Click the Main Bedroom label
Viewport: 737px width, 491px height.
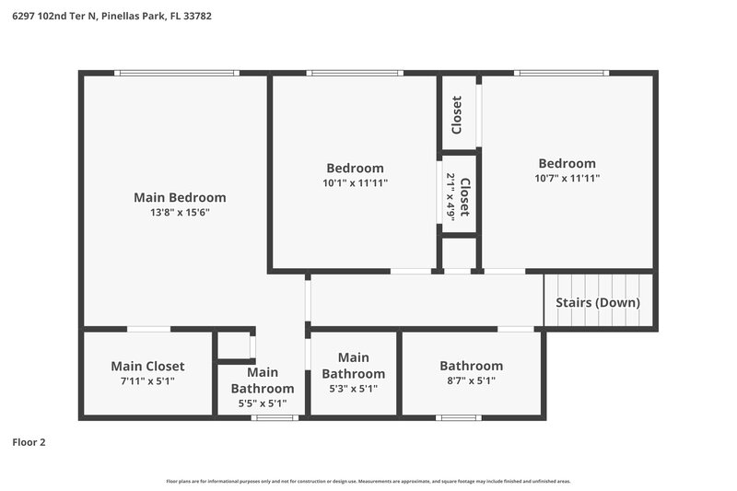[x=180, y=197]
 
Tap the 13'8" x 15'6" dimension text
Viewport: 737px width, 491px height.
[x=180, y=212]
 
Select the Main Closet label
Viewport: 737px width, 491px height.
[x=147, y=366]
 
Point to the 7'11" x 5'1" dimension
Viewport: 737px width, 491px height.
[x=147, y=380]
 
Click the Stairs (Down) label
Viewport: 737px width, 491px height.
[x=598, y=302]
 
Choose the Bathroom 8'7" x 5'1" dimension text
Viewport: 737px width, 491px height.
[x=471, y=380]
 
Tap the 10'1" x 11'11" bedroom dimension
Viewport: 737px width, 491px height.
[x=355, y=182]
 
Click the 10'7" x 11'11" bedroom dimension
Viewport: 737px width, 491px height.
[x=567, y=178]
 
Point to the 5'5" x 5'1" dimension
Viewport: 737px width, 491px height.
[x=263, y=403]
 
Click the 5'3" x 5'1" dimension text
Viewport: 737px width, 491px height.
[x=353, y=388]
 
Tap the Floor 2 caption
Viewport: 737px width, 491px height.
[x=29, y=442]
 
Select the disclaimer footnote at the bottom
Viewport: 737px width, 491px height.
[x=368, y=481]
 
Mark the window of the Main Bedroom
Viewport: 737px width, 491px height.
[x=177, y=73]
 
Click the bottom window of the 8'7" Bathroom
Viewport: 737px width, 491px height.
[x=459, y=417]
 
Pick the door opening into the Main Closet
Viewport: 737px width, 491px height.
[x=148, y=329]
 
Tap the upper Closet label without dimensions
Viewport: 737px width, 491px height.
[x=457, y=114]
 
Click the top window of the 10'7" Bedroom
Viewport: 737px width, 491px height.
[x=561, y=73]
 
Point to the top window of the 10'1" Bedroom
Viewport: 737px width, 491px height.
[x=355, y=73]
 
